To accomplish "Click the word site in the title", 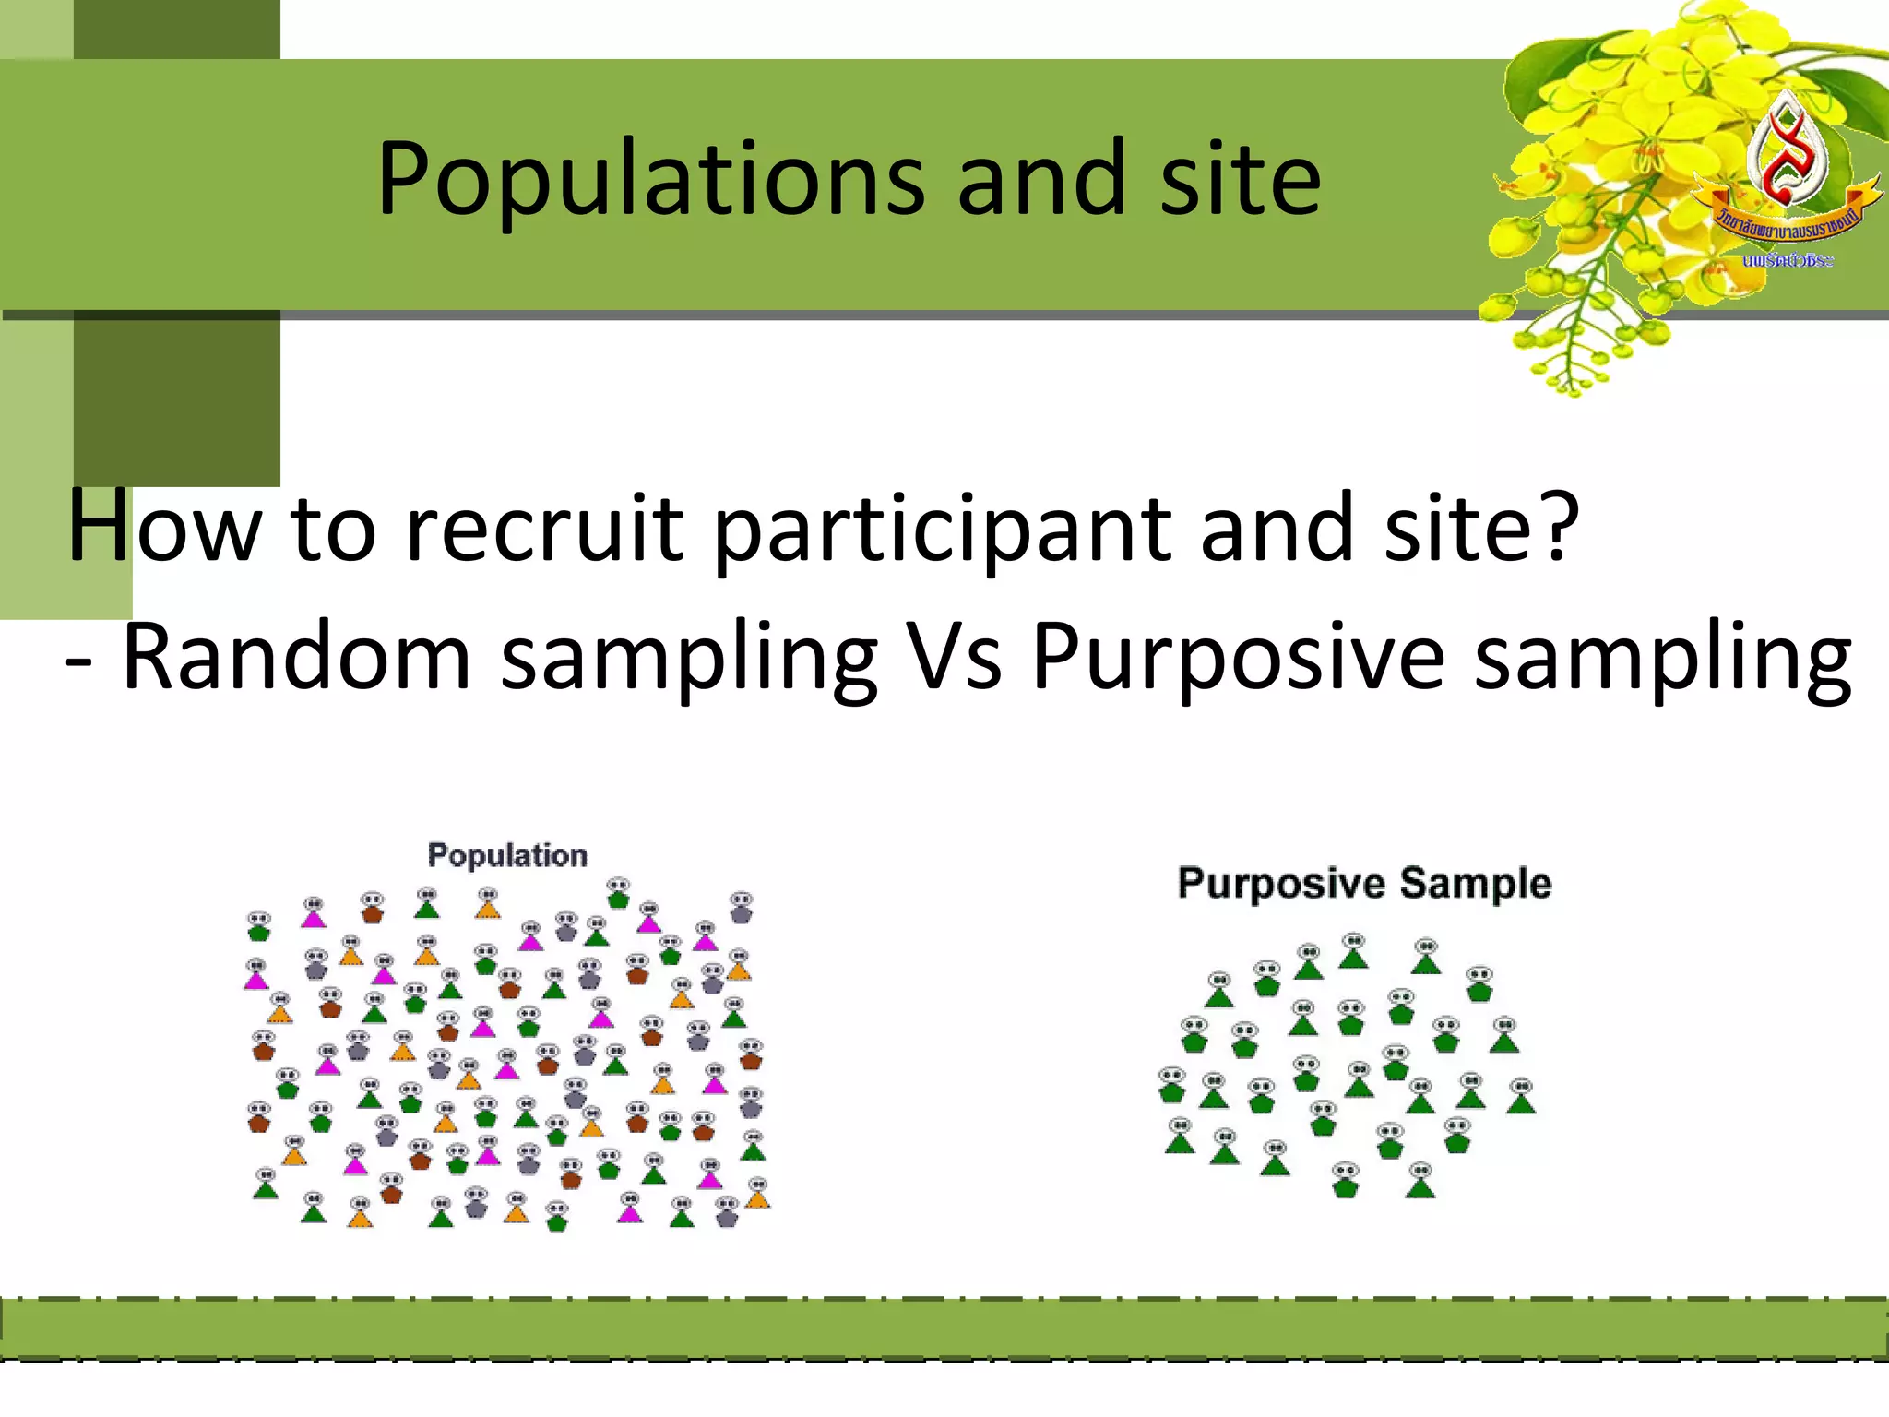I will point(1240,179).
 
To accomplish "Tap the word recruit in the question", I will point(544,528).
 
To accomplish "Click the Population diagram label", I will point(507,855).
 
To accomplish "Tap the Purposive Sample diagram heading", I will point(1364,884).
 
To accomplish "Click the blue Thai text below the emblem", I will point(1788,261).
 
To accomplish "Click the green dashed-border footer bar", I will point(944,1329).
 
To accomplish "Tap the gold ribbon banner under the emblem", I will point(1785,217).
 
